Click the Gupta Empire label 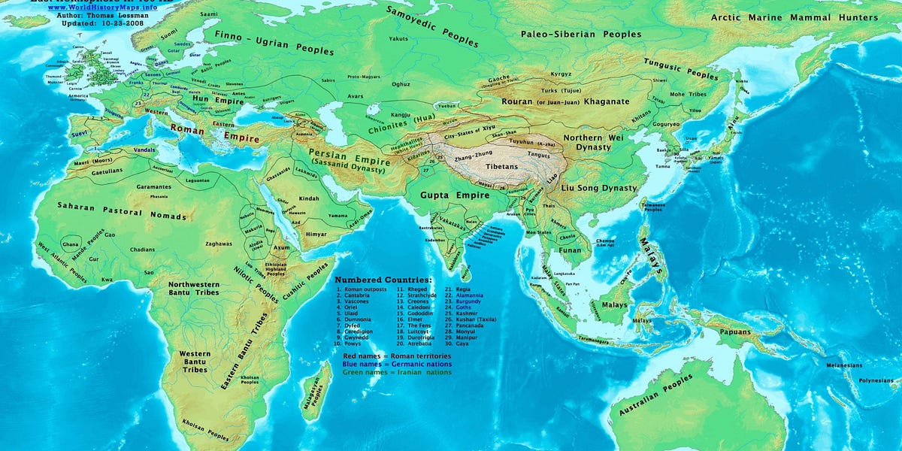click(x=445, y=195)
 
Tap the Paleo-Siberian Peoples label click(x=581, y=34)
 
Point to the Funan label click(x=571, y=250)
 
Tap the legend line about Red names click(x=397, y=356)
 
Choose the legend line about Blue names click(x=397, y=364)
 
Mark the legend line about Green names click(x=397, y=372)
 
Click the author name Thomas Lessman click(x=102, y=15)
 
